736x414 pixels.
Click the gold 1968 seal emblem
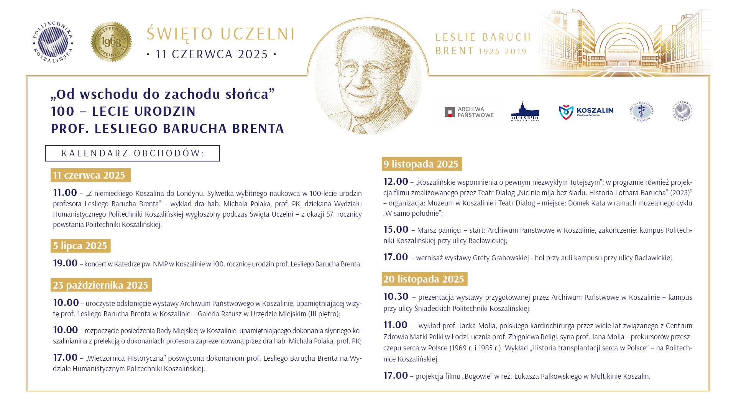click(x=111, y=42)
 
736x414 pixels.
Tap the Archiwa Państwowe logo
click(x=469, y=112)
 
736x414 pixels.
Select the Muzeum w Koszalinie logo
click(x=525, y=112)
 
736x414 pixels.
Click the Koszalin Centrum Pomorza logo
click(x=586, y=112)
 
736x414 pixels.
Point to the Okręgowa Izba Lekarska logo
click(x=641, y=112)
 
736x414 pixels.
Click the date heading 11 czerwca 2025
click(x=90, y=175)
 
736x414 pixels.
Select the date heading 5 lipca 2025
click(x=80, y=246)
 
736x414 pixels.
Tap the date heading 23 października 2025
click(x=101, y=285)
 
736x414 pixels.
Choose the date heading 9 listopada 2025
click(x=421, y=164)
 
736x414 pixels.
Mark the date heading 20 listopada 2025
click(x=424, y=279)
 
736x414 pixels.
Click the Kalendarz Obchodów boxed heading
click(x=133, y=153)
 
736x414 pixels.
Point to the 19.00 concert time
click(x=65, y=263)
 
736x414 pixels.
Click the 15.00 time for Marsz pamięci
click(x=396, y=230)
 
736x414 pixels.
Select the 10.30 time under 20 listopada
click(x=396, y=297)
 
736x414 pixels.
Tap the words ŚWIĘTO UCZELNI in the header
click(x=221, y=34)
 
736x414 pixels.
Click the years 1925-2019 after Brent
click(x=503, y=51)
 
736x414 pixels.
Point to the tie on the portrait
click(x=361, y=129)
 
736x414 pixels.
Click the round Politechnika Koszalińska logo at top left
click(x=53, y=42)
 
